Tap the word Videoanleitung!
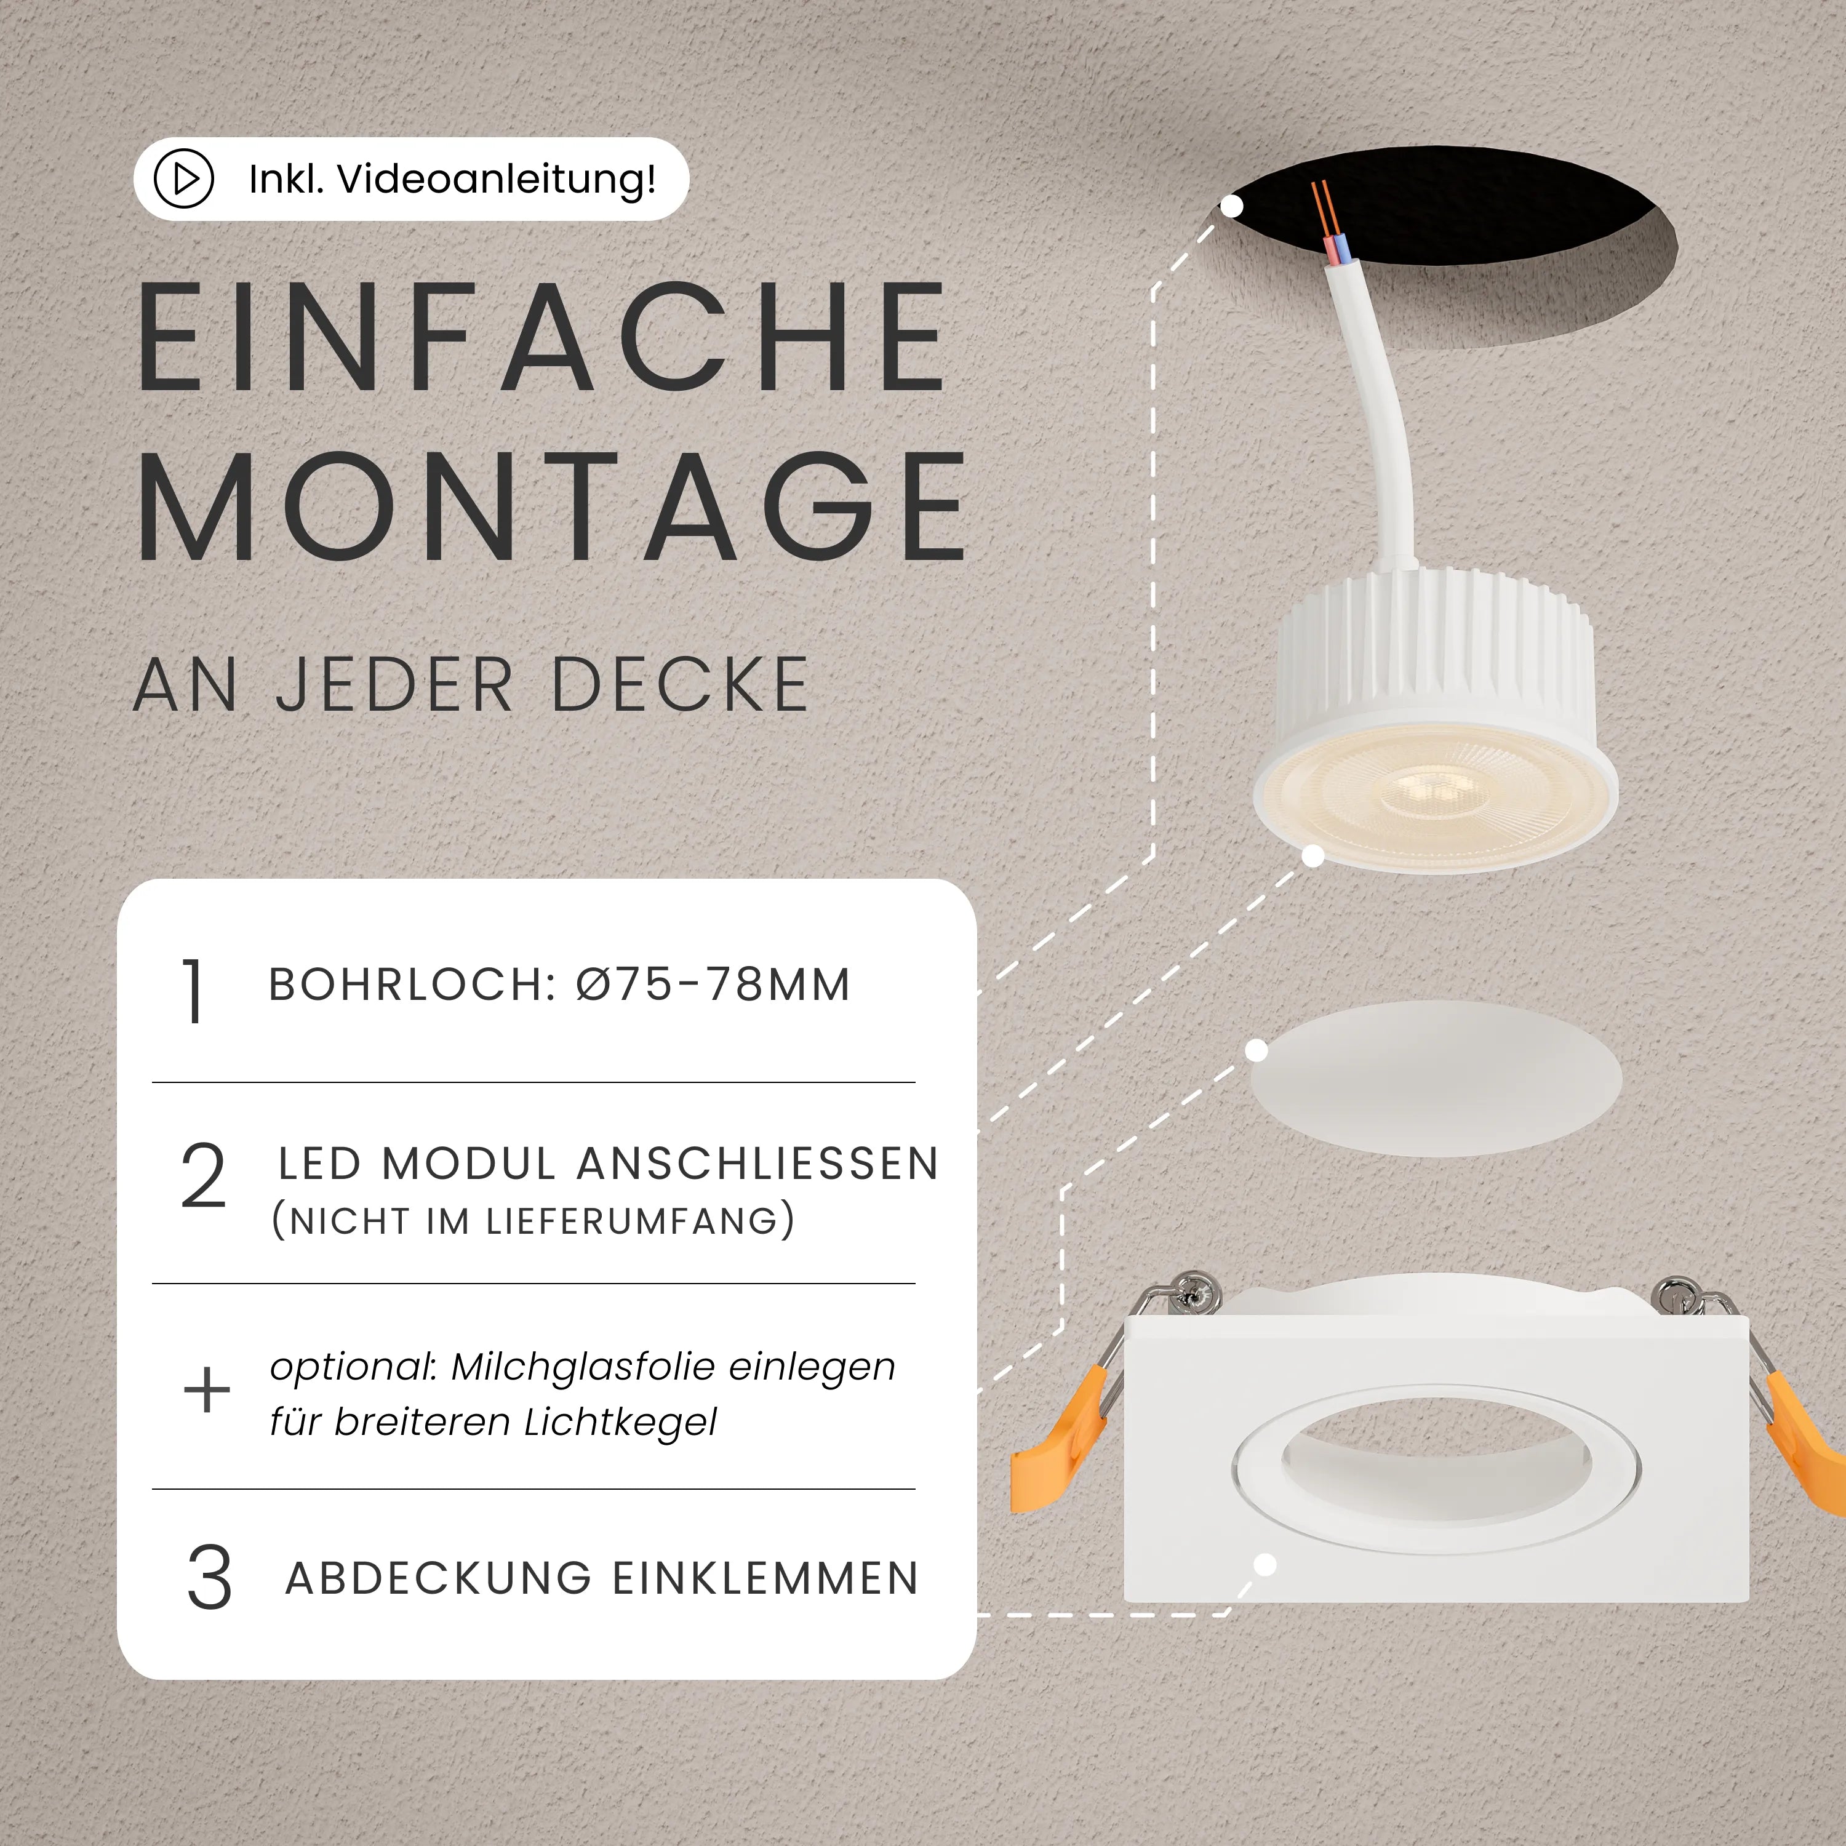coord(497,178)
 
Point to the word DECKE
coord(681,685)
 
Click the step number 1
coord(194,992)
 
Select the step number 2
coord(204,1176)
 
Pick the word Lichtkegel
coord(620,1422)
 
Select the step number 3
coord(209,1578)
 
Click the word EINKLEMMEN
coord(764,1578)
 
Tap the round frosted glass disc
coord(1436,1078)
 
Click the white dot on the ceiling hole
coord(1233,206)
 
